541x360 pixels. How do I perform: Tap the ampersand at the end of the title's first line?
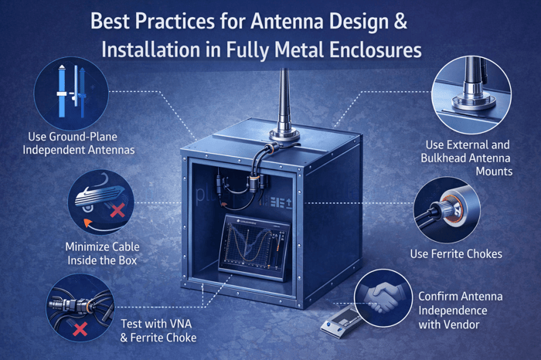tap(400, 22)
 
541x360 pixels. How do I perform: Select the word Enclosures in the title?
tap(376, 50)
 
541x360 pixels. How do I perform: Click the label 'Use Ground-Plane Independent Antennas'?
tap(78, 144)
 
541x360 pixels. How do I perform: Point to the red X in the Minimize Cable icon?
tap(117, 210)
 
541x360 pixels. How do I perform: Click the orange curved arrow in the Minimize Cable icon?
tap(94, 224)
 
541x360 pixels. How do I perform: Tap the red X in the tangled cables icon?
tap(80, 329)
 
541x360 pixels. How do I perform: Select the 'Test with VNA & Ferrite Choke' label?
tap(158, 331)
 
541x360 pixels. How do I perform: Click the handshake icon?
tap(383, 297)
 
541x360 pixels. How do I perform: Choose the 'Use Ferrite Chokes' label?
tap(456, 254)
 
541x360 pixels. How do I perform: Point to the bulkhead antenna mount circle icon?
tap(471, 95)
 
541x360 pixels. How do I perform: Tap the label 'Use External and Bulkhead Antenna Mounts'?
tap(467, 158)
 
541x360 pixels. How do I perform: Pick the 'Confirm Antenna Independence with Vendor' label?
tap(461, 311)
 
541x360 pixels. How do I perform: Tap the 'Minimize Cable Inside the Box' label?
tap(103, 253)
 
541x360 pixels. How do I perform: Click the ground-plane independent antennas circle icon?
tap(71, 93)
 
